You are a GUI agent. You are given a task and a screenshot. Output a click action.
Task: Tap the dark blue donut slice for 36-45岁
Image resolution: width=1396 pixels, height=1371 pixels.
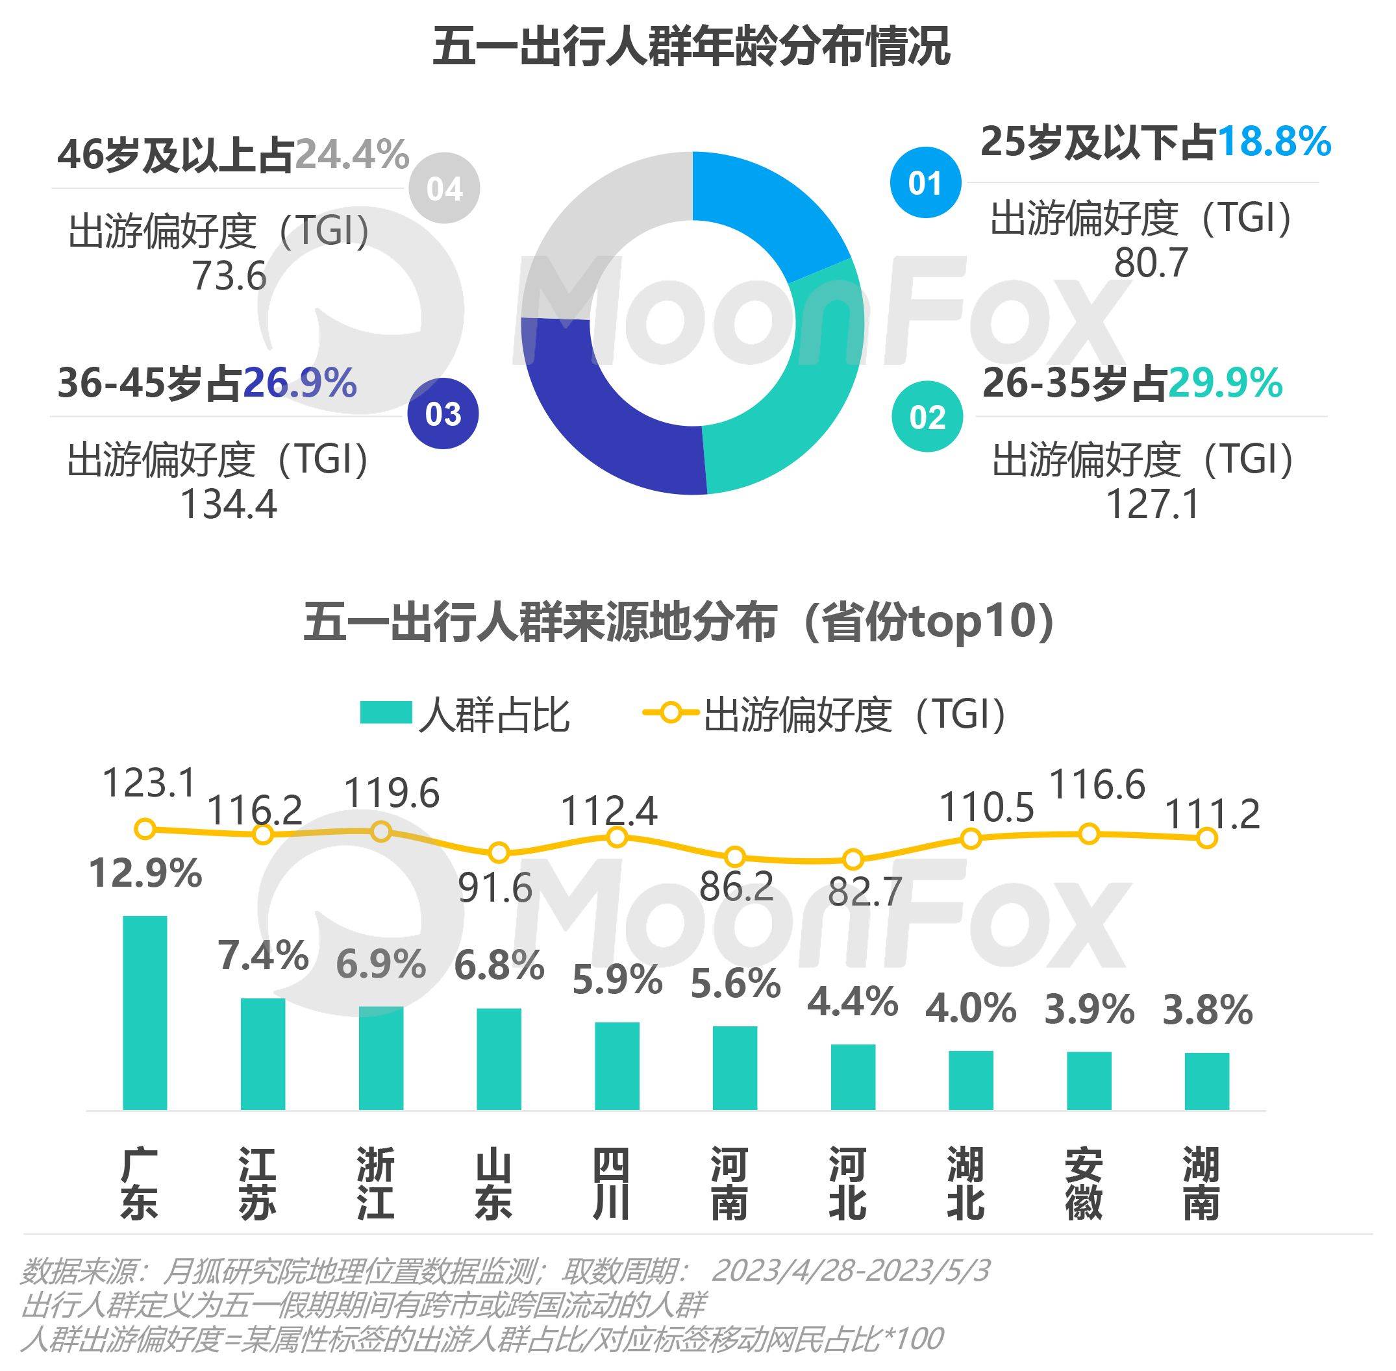click(598, 410)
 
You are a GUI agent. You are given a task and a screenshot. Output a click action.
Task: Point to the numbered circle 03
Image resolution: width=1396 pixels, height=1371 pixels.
click(443, 414)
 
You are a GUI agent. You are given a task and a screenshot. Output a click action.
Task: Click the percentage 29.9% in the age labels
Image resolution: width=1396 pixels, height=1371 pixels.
click(1225, 383)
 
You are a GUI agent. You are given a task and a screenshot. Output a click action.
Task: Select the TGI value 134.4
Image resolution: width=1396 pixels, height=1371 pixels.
click(229, 504)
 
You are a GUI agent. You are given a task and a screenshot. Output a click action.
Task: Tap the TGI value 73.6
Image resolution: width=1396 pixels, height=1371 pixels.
click(229, 277)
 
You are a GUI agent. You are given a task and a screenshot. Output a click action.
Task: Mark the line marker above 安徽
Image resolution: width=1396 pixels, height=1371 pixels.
click(1089, 834)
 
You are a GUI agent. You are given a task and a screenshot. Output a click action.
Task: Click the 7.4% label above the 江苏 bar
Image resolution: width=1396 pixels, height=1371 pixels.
click(263, 956)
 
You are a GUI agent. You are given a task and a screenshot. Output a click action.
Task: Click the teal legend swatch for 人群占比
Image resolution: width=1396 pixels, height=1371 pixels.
click(386, 713)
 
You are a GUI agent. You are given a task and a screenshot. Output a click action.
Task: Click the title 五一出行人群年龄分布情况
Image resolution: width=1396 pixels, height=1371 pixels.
click(692, 47)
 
